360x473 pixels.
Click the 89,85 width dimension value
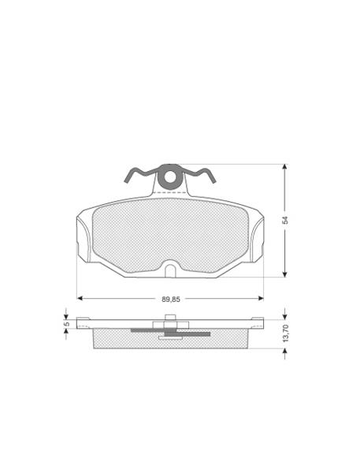pos(171,300)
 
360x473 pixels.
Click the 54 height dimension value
pos(285,220)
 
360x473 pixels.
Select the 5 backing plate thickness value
pos(67,324)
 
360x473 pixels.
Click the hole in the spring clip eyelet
pos(170,177)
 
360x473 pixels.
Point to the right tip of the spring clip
pos(214,181)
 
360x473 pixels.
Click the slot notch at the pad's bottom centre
pos(170,271)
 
